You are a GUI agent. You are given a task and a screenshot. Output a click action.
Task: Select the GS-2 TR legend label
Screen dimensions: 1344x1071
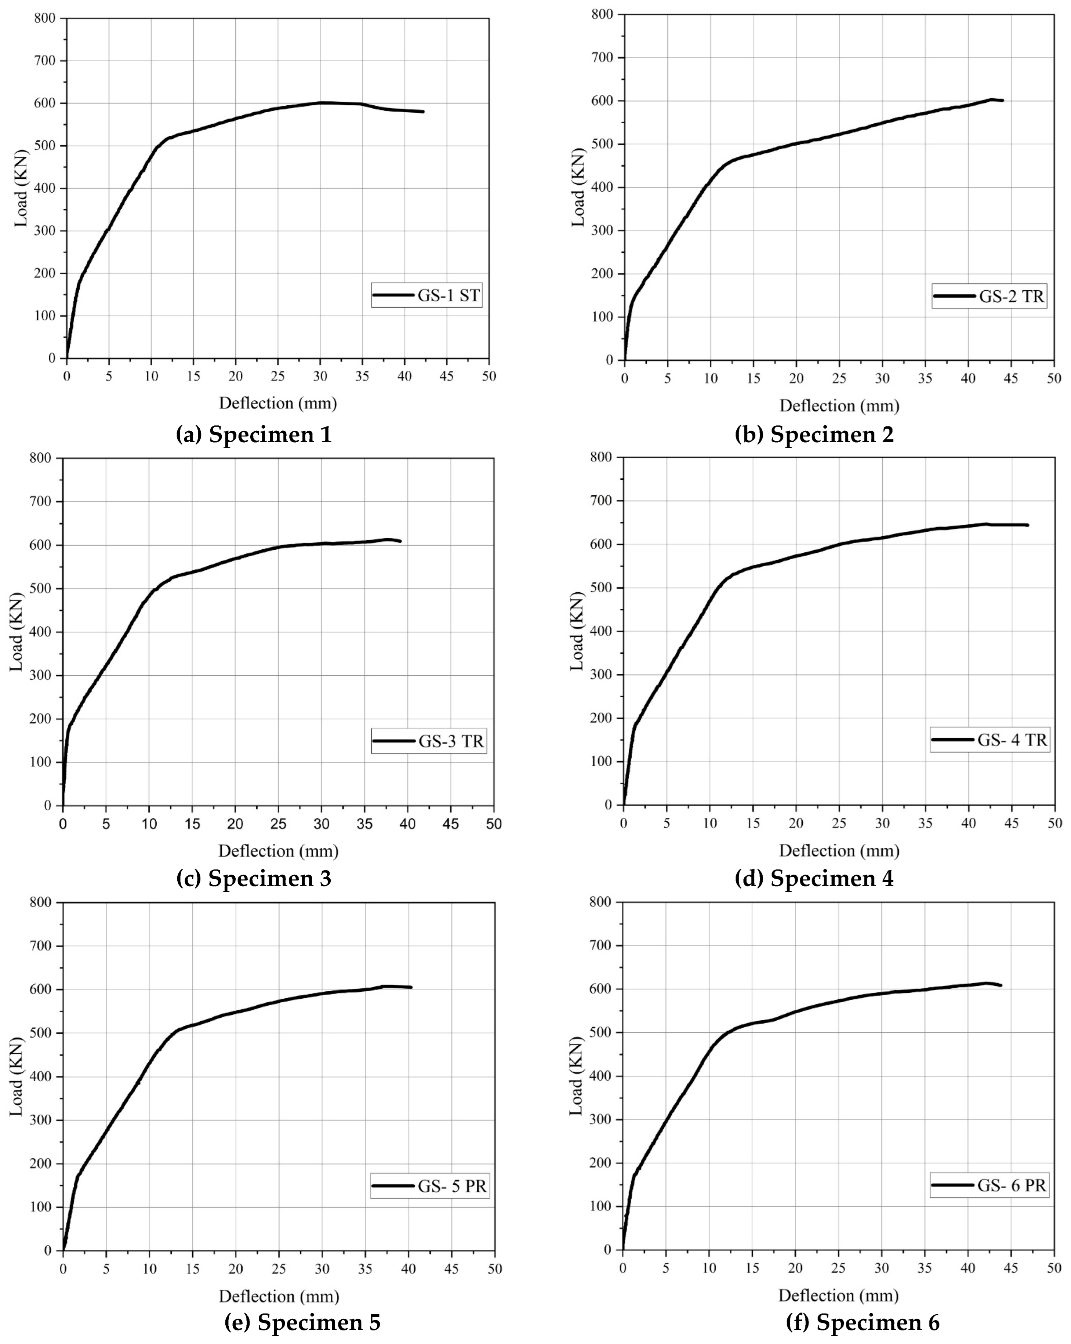[1010, 296]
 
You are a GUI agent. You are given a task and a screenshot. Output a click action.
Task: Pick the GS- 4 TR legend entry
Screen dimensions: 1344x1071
[1012, 740]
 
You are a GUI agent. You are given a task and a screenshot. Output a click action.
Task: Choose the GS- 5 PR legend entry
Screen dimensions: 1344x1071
[451, 1186]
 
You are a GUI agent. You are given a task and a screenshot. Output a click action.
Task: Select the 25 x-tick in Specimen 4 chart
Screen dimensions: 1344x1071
[839, 823]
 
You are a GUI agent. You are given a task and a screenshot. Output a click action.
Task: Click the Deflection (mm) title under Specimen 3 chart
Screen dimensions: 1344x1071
[278, 850]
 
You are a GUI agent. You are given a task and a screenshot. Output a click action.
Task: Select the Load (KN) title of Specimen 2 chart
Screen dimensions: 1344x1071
[578, 188]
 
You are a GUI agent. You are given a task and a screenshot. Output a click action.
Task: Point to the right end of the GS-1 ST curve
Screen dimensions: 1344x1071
[423, 112]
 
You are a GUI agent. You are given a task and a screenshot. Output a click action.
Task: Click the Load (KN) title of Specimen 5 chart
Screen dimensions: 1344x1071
[17, 1076]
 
